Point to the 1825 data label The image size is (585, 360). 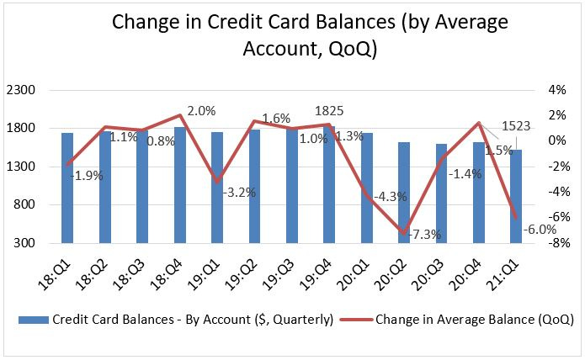click(x=328, y=110)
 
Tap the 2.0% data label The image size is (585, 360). click(x=202, y=110)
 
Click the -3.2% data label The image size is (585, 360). click(x=239, y=193)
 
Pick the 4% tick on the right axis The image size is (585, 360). click(x=558, y=89)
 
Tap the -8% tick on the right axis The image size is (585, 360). click(x=556, y=244)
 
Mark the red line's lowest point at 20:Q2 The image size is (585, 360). click(x=404, y=234)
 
